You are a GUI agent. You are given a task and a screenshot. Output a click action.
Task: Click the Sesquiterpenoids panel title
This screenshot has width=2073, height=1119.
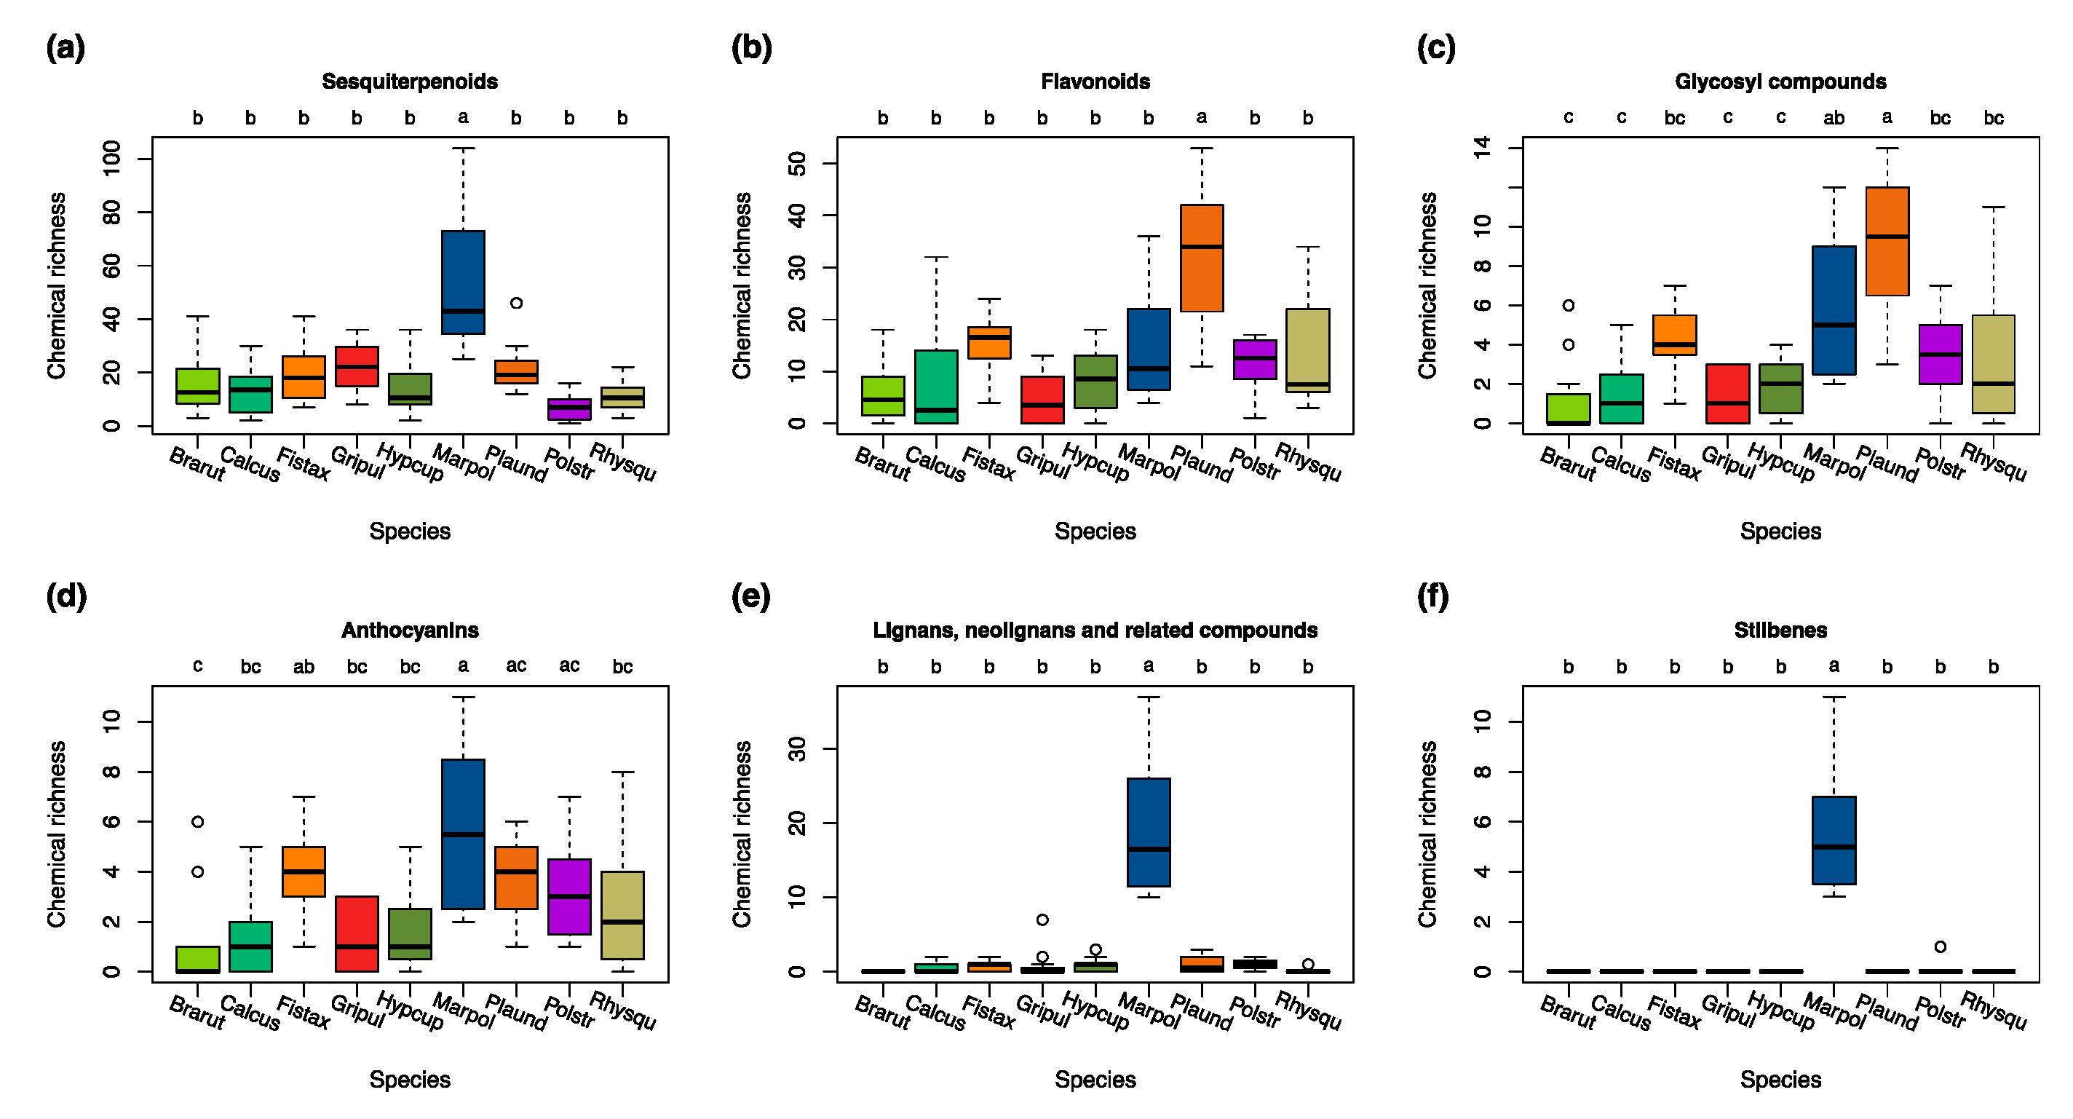[x=410, y=82]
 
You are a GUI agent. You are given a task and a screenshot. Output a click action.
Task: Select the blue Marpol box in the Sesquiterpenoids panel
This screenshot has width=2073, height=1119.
[x=463, y=282]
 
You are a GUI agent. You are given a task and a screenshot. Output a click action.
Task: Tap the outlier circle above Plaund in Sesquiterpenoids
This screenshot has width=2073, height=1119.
[x=517, y=303]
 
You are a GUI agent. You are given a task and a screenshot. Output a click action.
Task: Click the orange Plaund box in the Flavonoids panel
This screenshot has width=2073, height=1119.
[x=1202, y=258]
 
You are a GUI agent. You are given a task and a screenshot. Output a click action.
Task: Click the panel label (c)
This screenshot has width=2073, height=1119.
[x=1435, y=48]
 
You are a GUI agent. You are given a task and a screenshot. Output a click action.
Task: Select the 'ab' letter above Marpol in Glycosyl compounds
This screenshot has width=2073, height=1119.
[x=1834, y=119]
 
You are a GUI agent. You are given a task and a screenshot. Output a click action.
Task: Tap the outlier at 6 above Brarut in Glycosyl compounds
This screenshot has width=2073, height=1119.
[x=1569, y=305]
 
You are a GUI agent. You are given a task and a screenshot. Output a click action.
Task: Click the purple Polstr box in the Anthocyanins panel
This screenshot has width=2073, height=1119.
[x=569, y=896]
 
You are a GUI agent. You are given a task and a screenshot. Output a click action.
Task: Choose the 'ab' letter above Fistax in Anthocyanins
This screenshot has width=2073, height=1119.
[x=304, y=667]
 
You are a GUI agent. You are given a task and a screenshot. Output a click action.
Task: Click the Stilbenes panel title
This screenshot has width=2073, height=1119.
[x=1780, y=630]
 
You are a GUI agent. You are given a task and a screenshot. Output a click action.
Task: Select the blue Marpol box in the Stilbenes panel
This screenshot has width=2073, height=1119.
[x=1834, y=840]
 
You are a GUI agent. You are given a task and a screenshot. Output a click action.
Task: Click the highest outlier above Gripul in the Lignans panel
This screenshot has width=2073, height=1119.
[x=1042, y=920]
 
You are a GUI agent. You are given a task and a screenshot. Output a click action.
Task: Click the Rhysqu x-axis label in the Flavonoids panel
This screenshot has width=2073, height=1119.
[x=1309, y=463]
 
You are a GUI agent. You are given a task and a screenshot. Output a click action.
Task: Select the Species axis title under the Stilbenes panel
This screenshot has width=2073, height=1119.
[x=1780, y=1080]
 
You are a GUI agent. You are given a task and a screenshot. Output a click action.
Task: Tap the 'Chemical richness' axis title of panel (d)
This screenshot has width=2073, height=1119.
[x=56, y=834]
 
